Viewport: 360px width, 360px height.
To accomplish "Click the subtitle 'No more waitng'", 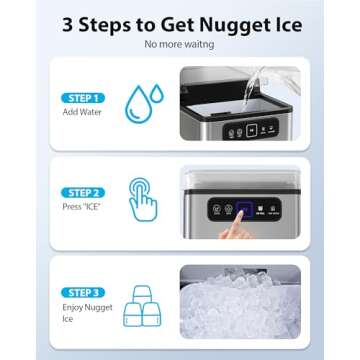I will click(x=179, y=44).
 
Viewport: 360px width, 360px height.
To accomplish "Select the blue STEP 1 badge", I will click(x=82, y=98).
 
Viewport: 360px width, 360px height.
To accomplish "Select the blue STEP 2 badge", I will click(x=82, y=191).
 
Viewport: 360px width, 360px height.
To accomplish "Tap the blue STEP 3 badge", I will click(x=82, y=291).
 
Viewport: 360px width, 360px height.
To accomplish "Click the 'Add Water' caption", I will click(x=77, y=112).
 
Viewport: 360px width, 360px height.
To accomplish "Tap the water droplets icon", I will click(x=144, y=103).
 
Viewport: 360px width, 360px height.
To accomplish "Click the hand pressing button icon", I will click(x=143, y=198).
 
